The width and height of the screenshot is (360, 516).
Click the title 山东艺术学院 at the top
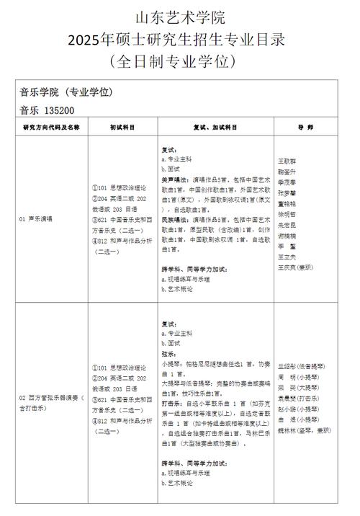click(180, 16)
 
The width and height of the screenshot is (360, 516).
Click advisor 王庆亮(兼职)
click(296, 267)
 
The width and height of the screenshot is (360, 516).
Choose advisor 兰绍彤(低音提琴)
click(302, 367)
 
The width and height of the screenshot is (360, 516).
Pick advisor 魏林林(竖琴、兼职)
click(303, 430)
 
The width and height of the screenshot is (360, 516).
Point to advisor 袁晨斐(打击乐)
click(297, 399)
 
